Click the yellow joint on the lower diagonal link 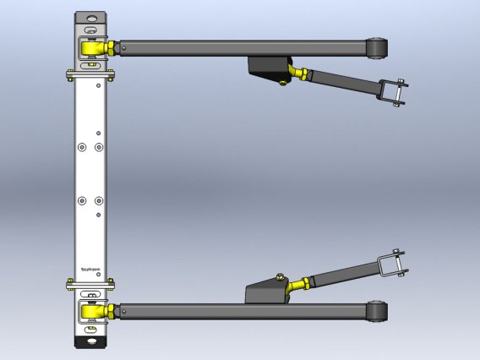[x=296, y=287]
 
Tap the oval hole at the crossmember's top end [x=91, y=18]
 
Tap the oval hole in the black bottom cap [x=90, y=343]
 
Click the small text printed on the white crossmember [x=90, y=269]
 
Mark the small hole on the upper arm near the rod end [x=123, y=49]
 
